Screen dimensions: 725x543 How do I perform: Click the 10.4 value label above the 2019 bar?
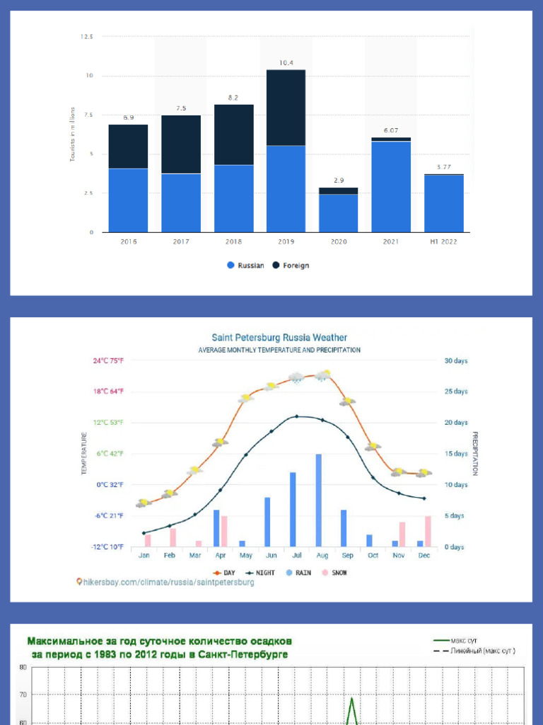click(x=286, y=63)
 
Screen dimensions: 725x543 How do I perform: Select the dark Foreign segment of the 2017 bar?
click(x=181, y=144)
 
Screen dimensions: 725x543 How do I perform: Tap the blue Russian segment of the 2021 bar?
click(x=391, y=186)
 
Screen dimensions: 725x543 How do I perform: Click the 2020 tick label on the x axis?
click(x=339, y=241)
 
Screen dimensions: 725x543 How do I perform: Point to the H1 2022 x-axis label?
click(x=443, y=241)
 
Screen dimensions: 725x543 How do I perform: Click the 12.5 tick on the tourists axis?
click(x=86, y=36)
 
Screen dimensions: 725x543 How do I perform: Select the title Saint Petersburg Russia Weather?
click(x=279, y=338)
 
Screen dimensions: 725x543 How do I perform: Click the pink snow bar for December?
click(x=428, y=531)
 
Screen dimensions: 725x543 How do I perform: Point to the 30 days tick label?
click(x=455, y=360)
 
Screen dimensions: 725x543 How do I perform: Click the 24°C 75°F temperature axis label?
click(x=109, y=360)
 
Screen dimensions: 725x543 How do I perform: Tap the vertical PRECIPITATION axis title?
click(x=475, y=453)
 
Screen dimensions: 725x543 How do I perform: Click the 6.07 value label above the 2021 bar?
click(x=391, y=130)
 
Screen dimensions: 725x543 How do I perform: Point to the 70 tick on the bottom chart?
click(x=23, y=695)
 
